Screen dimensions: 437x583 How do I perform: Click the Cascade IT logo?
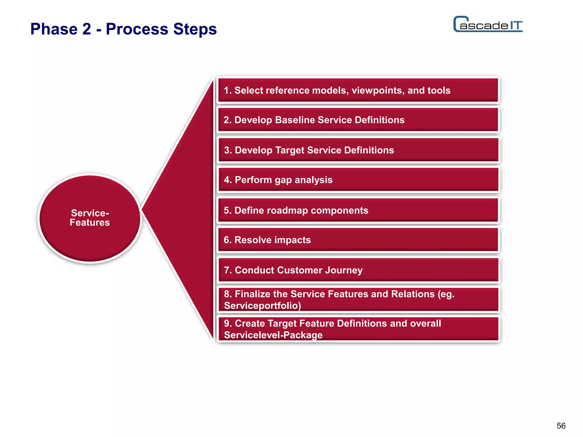pos(488,24)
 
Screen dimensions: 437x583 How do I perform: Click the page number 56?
pos(561,426)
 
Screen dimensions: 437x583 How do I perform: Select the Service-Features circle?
pos(90,218)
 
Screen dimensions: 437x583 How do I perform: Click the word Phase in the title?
pos(54,29)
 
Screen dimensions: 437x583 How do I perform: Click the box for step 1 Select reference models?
pos(358,90)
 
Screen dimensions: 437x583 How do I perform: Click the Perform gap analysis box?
pos(358,180)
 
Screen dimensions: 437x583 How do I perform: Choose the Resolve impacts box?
pos(358,240)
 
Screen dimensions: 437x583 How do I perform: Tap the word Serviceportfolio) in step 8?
pos(262,306)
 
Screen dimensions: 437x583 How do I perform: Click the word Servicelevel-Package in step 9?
pos(273,335)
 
